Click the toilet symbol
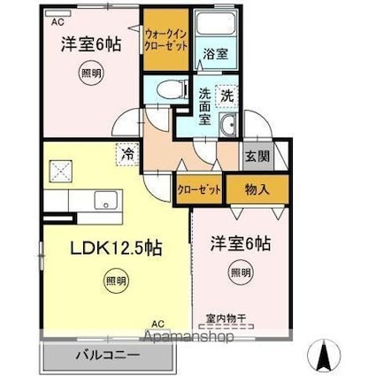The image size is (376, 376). tap(173, 89)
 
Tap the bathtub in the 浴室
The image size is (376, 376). tap(216, 23)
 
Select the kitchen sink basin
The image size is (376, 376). tap(107, 200)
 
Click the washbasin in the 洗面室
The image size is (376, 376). tap(228, 125)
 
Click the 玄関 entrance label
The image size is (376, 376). tap(257, 156)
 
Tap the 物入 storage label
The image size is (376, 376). tap(257, 189)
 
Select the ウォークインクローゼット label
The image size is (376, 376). tap(166, 41)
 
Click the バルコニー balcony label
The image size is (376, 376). tap(107, 355)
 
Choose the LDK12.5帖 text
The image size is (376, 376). tap(116, 248)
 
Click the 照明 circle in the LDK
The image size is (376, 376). tap(116, 280)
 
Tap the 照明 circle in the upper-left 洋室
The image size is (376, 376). tap(91, 73)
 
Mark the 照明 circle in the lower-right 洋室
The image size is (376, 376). tap(241, 272)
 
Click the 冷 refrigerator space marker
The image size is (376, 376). tap(127, 154)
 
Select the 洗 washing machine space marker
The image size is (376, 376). tap(226, 96)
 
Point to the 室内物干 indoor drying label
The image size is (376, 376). tap(226, 318)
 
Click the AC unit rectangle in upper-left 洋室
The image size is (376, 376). tap(58, 13)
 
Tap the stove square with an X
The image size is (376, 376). tap(60, 171)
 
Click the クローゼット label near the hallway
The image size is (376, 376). tap(199, 190)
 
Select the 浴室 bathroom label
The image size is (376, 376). tap(216, 54)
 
